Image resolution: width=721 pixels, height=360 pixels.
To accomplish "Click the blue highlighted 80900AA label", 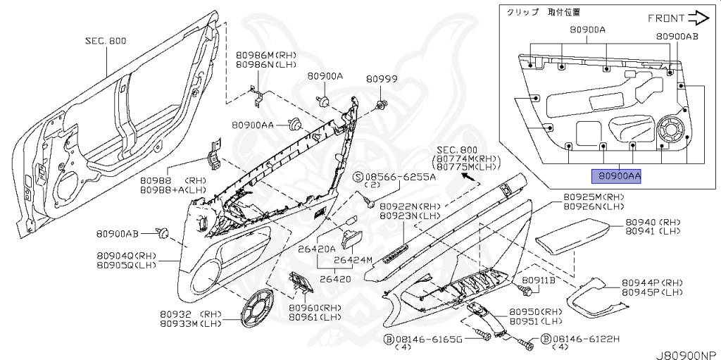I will click(615, 176).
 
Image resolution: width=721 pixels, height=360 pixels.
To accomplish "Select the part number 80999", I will click(384, 80).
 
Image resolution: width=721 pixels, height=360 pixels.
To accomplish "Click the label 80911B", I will click(541, 280).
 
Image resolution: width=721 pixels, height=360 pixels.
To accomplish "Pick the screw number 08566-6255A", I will click(399, 177).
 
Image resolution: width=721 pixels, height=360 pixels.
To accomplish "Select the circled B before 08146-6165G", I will click(388, 339).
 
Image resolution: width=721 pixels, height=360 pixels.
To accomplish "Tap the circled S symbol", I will click(357, 177).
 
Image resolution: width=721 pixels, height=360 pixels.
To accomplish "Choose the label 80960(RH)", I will click(315, 308).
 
